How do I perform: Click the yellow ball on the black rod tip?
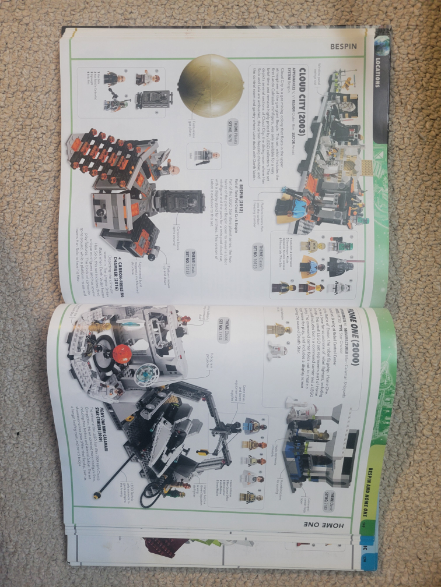coord(97,496)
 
